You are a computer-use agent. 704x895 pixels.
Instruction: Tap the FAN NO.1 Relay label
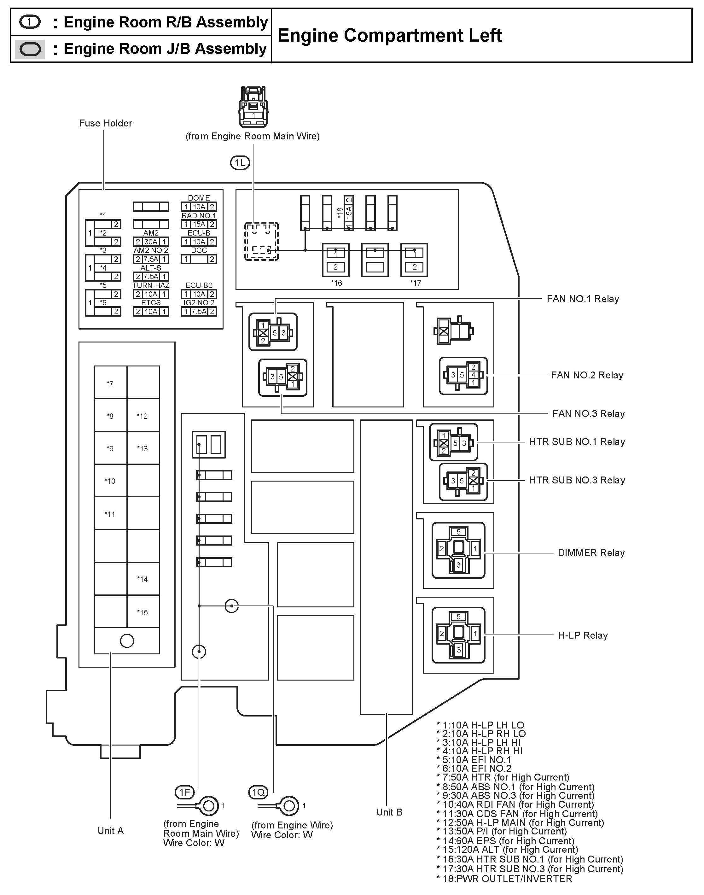click(582, 299)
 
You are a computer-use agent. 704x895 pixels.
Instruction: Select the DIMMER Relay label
click(591, 553)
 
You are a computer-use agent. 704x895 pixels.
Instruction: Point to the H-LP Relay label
click(582, 635)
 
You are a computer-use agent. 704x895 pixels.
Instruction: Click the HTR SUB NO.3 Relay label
click(577, 480)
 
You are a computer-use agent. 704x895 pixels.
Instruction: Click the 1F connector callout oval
click(184, 792)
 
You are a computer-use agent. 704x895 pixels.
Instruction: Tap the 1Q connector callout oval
click(259, 792)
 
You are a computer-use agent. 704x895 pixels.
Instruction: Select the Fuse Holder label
click(106, 123)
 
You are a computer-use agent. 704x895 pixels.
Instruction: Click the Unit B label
click(389, 812)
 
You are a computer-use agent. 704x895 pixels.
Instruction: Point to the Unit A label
click(110, 831)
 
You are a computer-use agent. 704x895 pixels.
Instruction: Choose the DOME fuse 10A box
click(199, 207)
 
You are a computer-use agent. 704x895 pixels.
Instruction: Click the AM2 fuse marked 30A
click(151, 242)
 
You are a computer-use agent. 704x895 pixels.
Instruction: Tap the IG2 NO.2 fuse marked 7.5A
click(199, 312)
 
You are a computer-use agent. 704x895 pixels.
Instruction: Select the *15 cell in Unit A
click(143, 612)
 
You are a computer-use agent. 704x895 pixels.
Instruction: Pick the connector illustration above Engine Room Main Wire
click(253, 107)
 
